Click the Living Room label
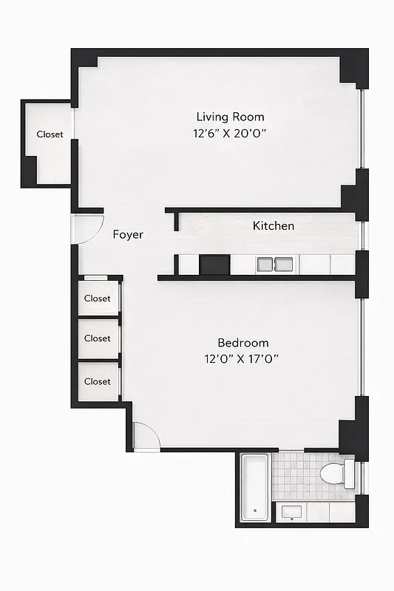pos(230,117)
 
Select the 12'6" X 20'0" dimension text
pos(230,134)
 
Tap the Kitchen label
pos(274,226)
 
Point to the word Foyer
pos(128,235)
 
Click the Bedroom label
pos(242,343)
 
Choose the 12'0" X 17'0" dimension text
pos(242,359)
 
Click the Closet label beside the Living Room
pos(50,134)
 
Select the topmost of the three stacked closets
pos(97,298)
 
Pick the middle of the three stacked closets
pos(97,338)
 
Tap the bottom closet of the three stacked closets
pos(97,381)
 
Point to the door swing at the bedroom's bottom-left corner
pos(146,435)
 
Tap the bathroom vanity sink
pos(291,512)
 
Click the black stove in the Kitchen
pos(214,264)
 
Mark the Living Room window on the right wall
pos(361,130)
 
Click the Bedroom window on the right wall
pos(361,347)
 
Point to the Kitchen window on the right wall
pos(361,236)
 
